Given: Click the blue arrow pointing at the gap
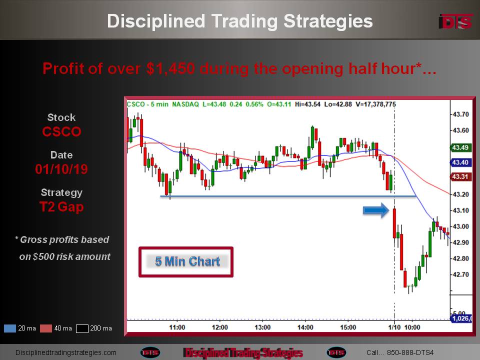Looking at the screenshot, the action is click(376, 210).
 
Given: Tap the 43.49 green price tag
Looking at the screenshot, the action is click(460, 147).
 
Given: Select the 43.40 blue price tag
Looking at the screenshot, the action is click(460, 162).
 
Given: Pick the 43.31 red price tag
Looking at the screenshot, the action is click(460, 176).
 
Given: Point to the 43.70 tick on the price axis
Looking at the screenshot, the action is click(460, 114).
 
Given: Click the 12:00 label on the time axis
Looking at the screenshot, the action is click(220, 327).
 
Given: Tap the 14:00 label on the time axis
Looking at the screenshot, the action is click(305, 327).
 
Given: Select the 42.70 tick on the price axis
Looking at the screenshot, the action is click(460, 274).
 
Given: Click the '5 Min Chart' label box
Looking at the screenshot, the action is click(186, 262).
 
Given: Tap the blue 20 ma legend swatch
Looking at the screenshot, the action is click(10, 328).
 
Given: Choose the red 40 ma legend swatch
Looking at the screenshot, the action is click(46, 328).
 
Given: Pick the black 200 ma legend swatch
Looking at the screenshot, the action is click(82, 328).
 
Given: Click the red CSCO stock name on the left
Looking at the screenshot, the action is click(61, 131).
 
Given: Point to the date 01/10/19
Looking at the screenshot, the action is click(61, 169).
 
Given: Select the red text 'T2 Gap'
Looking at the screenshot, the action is click(61, 207).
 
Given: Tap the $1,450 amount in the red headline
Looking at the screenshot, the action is click(170, 68).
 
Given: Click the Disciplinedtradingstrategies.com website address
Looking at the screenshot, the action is click(66, 352).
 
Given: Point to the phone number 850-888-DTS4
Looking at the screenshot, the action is click(410, 352).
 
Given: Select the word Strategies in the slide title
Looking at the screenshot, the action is click(328, 21).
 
